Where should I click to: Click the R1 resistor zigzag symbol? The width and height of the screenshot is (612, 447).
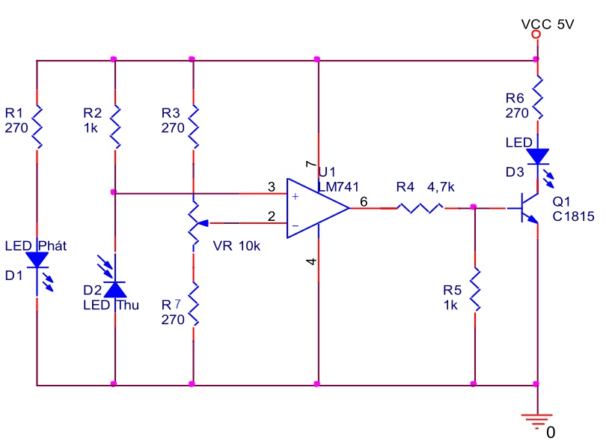37,127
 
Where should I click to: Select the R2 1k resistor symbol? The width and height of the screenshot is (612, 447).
115,127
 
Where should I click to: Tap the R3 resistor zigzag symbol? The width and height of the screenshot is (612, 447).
193,127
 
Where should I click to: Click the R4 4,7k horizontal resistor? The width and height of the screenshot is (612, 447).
420,208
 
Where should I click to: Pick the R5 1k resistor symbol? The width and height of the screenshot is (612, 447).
475,290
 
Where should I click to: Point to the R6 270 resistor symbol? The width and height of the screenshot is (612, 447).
537,97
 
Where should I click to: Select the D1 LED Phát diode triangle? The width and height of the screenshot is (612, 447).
37,260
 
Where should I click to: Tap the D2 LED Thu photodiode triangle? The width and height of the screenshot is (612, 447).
115,290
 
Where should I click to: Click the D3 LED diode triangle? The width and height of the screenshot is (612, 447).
537,156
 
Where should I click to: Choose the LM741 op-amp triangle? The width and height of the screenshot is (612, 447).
318,208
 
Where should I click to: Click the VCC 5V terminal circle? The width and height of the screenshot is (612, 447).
536,34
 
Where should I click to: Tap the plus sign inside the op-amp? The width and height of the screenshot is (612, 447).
296,196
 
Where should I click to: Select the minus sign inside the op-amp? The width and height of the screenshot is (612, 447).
296,226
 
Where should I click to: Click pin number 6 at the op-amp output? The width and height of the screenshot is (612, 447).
364,201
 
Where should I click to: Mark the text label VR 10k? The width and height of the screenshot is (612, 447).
236,246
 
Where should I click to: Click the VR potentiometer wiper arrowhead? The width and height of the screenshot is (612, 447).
203,223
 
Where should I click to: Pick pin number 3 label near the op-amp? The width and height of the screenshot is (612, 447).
272,186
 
